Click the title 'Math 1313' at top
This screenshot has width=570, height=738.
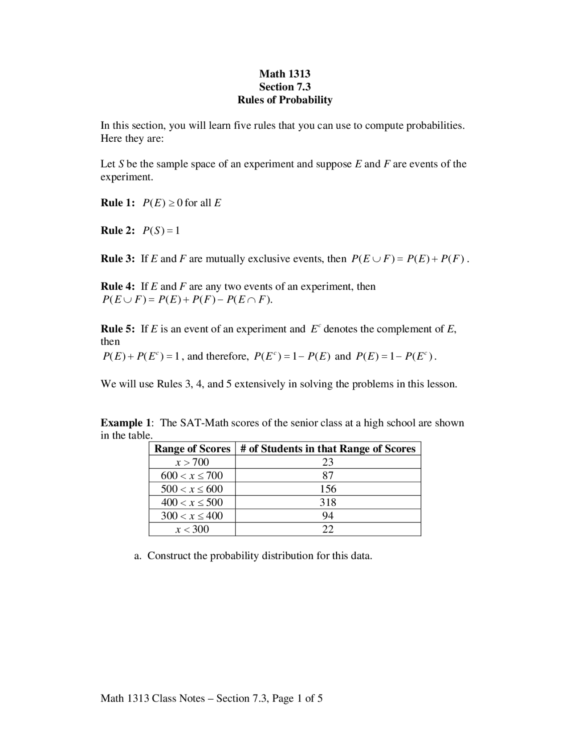pos(285,74)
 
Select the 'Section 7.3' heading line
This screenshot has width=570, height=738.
pos(285,86)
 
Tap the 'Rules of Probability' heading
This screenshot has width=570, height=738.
pos(285,100)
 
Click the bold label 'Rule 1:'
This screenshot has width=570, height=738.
pos(118,203)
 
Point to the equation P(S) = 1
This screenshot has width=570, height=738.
pos(161,231)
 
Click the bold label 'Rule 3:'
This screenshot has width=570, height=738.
pos(118,259)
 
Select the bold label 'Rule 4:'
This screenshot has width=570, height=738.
pos(118,287)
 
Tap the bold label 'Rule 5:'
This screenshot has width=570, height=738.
pos(118,329)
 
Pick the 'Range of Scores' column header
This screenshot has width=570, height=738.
pos(192,449)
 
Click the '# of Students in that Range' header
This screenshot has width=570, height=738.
pos(328,449)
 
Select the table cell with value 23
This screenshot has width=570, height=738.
pos(328,462)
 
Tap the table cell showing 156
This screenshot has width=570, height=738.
pos(328,489)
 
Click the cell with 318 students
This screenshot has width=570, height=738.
pos(328,502)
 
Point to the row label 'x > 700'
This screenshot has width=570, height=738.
pos(192,462)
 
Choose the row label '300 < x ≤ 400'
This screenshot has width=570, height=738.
pos(192,516)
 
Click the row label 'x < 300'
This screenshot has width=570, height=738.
pos(192,529)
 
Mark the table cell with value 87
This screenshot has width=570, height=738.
pos(328,476)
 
